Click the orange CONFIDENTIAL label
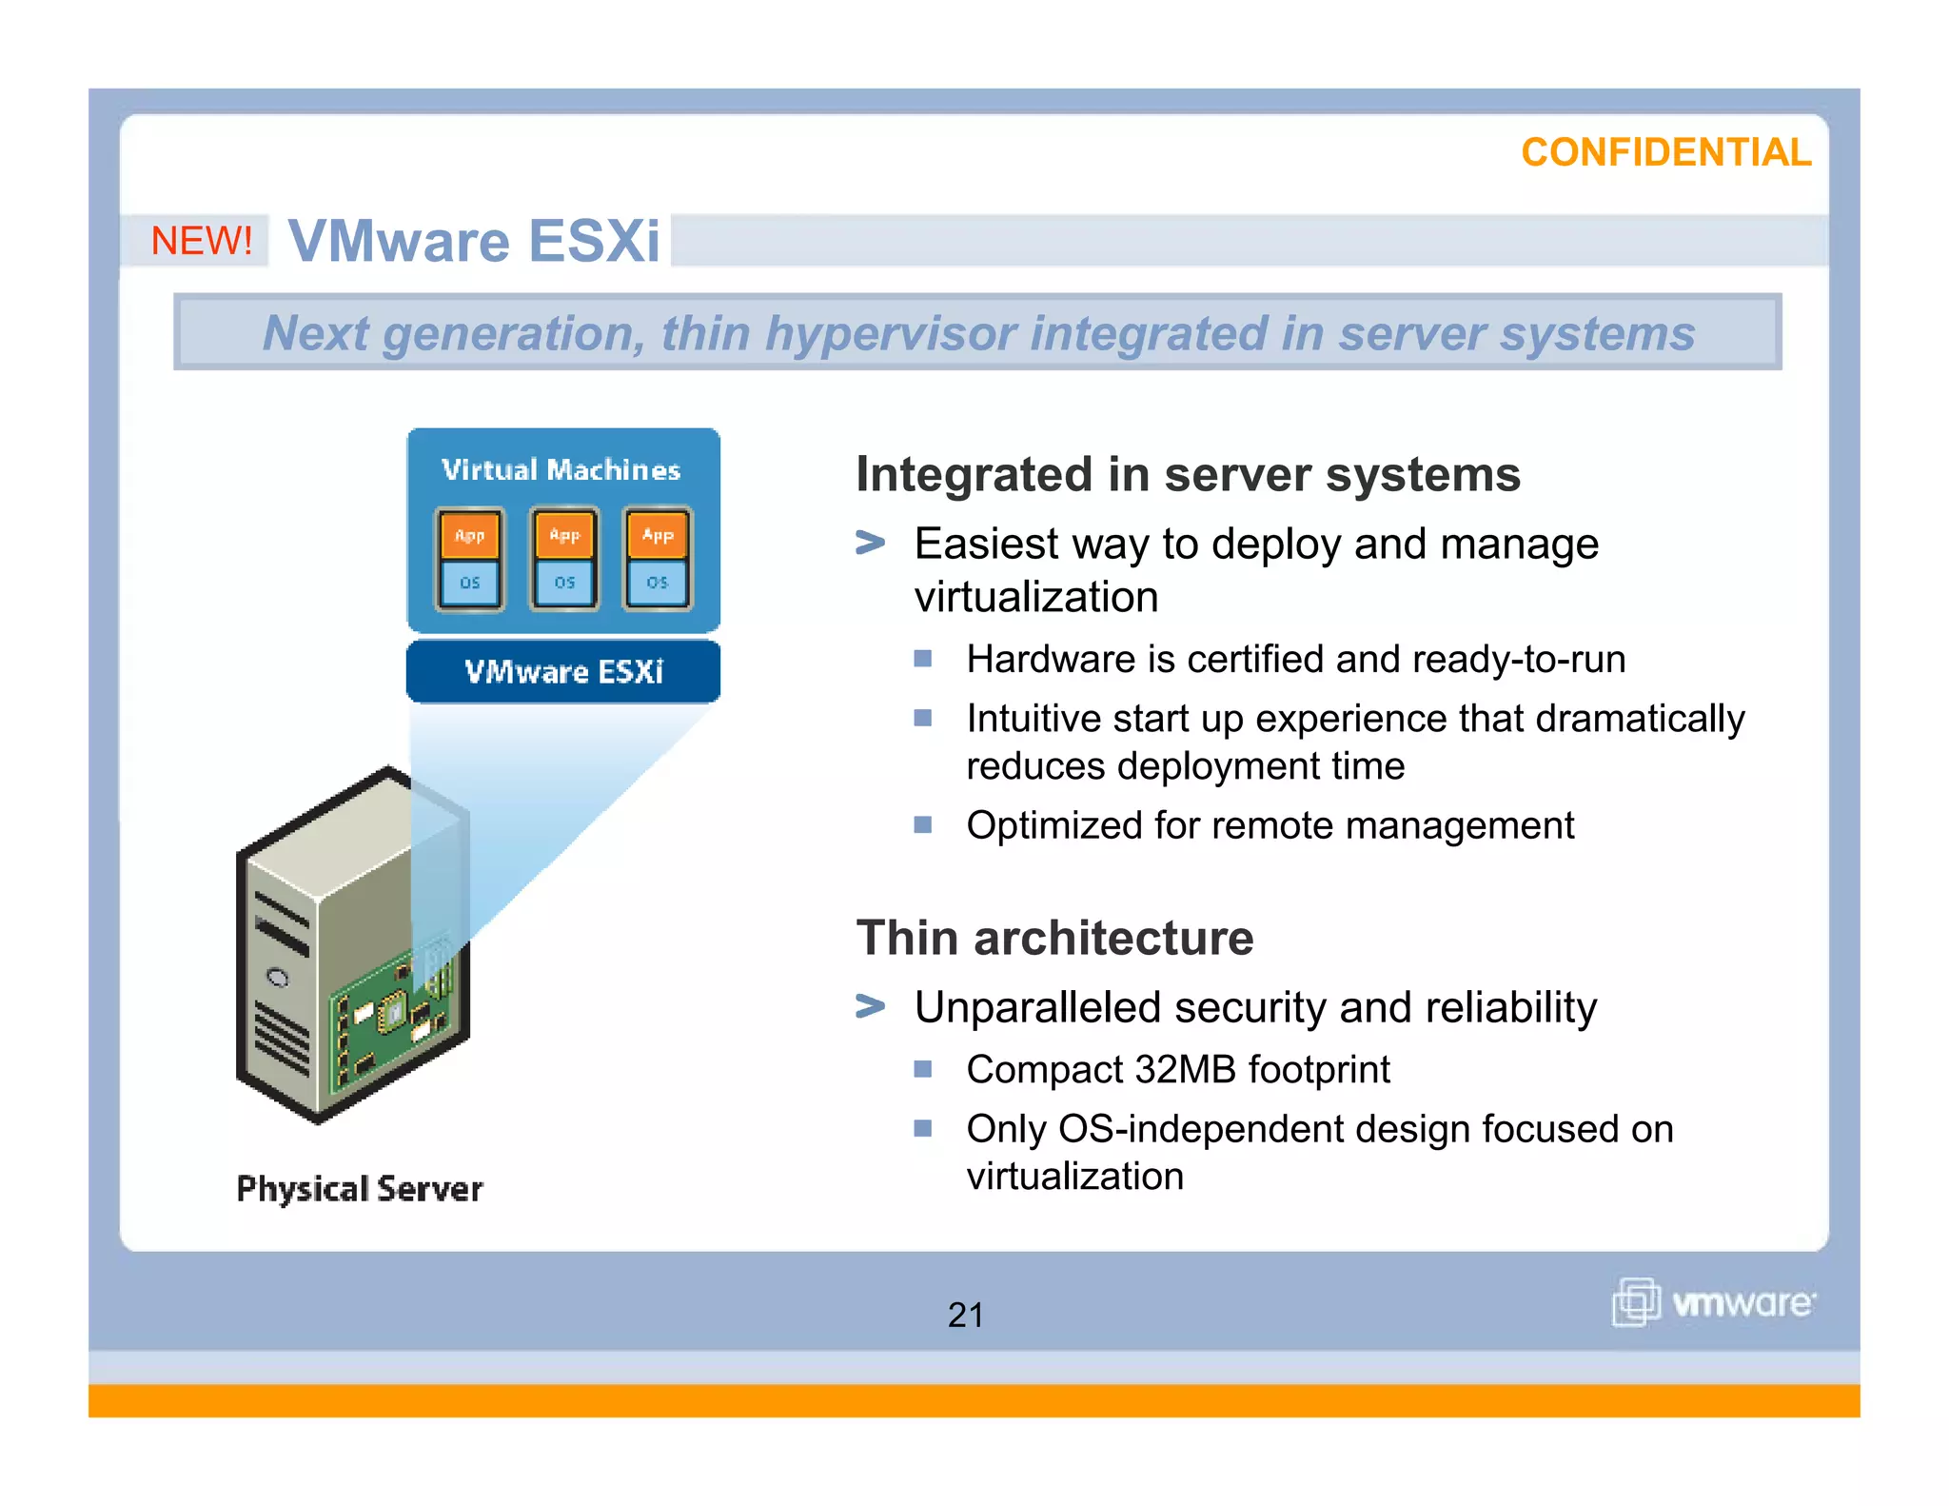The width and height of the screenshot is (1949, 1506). click(x=1665, y=152)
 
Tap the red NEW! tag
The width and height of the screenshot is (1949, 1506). click(x=202, y=240)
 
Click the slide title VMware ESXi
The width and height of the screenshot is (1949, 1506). click(x=474, y=240)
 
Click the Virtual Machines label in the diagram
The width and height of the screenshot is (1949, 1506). click(x=561, y=469)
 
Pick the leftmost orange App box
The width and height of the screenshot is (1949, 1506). click(x=470, y=535)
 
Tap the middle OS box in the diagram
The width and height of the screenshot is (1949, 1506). click(x=564, y=582)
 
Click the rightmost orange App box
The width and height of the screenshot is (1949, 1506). click(x=658, y=535)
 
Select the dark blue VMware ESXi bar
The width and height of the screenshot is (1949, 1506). click(x=563, y=672)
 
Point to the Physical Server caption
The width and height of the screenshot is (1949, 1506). click(x=360, y=1189)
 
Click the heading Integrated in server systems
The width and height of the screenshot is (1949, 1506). click(x=1188, y=474)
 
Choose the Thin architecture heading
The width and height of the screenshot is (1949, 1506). click(x=1054, y=938)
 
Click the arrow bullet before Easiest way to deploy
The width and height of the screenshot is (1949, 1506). click(x=870, y=544)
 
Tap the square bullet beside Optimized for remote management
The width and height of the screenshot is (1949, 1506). click(x=922, y=824)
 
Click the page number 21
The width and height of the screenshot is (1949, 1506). click(x=965, y=1315)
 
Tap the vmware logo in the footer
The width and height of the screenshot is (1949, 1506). click(x=1714, y=1301)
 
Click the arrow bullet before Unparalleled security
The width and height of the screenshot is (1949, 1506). click(x=870, y=1006)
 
